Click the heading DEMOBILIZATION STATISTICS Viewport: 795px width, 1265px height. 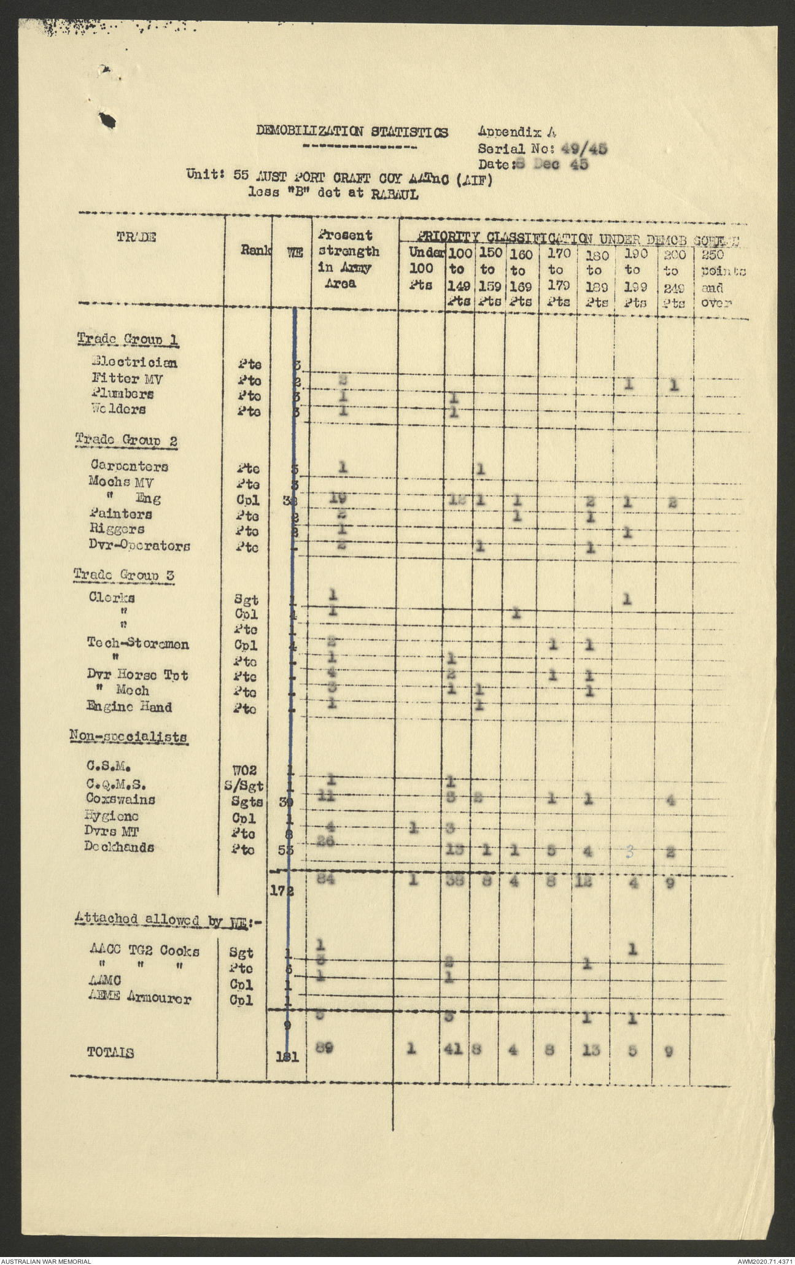click(352, 131)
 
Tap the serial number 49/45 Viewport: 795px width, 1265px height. click(584, 148)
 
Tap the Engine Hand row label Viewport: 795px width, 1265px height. click(129, 707)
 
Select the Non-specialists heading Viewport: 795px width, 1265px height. click(128, 737)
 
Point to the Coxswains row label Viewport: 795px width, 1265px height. click(120, 800)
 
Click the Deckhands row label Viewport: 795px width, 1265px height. click(120, 848)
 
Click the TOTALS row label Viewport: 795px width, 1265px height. click(111, 1053)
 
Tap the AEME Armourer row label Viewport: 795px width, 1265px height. click(139, 999)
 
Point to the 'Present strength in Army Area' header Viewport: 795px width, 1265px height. click(348, 260)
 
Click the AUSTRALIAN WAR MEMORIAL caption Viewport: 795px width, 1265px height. click(46, 1260)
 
